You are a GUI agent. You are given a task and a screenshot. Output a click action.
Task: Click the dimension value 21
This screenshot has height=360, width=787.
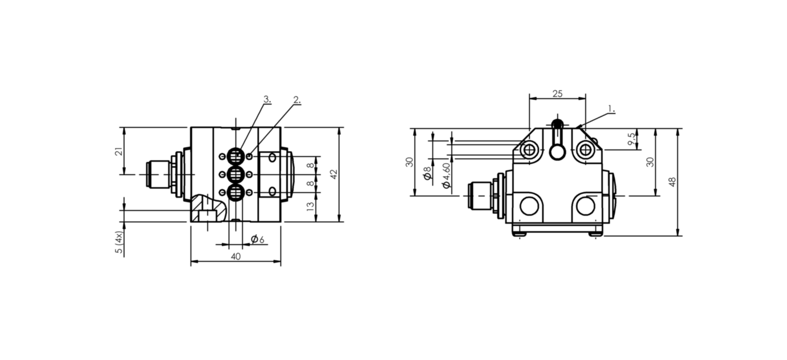pos(120,151)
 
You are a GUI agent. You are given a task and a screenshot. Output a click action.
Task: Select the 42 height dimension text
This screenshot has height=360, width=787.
pos(334,174)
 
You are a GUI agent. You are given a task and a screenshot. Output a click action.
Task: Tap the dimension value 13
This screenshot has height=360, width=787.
pos(310,207)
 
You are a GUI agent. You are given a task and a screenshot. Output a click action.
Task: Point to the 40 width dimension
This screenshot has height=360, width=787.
pos(236,257)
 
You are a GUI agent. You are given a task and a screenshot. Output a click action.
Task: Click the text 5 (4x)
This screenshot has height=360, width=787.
pos(119,242)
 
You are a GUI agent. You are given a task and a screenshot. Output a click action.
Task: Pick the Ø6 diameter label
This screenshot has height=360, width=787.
pos(258,239)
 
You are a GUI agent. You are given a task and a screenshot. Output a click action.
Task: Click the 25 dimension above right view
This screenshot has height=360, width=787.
pos(557,94)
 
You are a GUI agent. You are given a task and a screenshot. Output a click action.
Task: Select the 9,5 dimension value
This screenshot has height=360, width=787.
pos(632,139)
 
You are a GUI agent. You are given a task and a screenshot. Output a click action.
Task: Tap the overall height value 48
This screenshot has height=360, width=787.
pos(672,182)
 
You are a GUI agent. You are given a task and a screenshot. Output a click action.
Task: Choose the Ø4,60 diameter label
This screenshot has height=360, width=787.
pos(446,175)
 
